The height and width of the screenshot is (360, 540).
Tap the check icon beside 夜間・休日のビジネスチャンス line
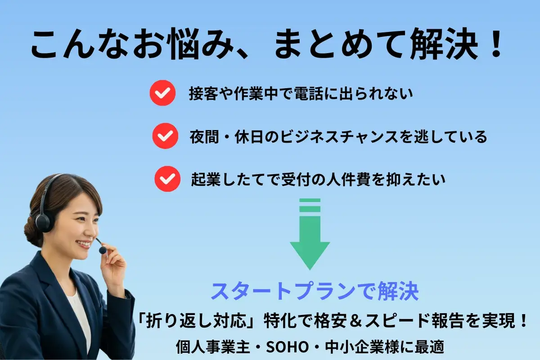(x=165, y=135)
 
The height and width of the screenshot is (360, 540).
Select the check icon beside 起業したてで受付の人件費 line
(x=167, y=179)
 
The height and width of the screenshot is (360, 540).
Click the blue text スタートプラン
(x=279, y=292)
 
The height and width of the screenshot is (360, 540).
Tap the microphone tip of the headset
(x=103, y=249)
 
